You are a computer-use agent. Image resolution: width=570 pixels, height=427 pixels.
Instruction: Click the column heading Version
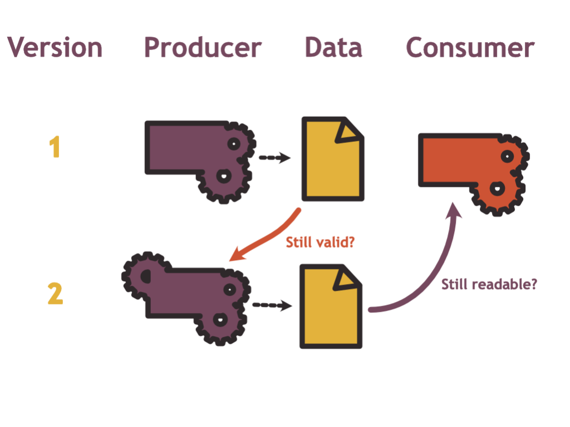pos(55,48)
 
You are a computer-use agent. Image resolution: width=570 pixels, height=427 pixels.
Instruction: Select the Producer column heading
pos(203,48)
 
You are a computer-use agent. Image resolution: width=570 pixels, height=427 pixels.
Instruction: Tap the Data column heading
pos(333,48)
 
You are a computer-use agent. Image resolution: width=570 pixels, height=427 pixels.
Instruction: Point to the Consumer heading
pos(470,48)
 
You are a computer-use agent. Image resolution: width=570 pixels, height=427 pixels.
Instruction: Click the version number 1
pos(54,148)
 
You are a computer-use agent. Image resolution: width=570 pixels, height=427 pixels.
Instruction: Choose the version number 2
pos(55,294)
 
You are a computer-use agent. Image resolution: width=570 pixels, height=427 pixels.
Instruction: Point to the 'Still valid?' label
pos(320,242)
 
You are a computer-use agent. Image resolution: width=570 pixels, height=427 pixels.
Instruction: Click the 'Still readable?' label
pos(489,285)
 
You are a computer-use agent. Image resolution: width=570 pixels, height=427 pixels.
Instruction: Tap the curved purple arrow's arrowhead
pos(455,211)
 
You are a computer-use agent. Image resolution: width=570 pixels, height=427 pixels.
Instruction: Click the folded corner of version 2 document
pos(347,278)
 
